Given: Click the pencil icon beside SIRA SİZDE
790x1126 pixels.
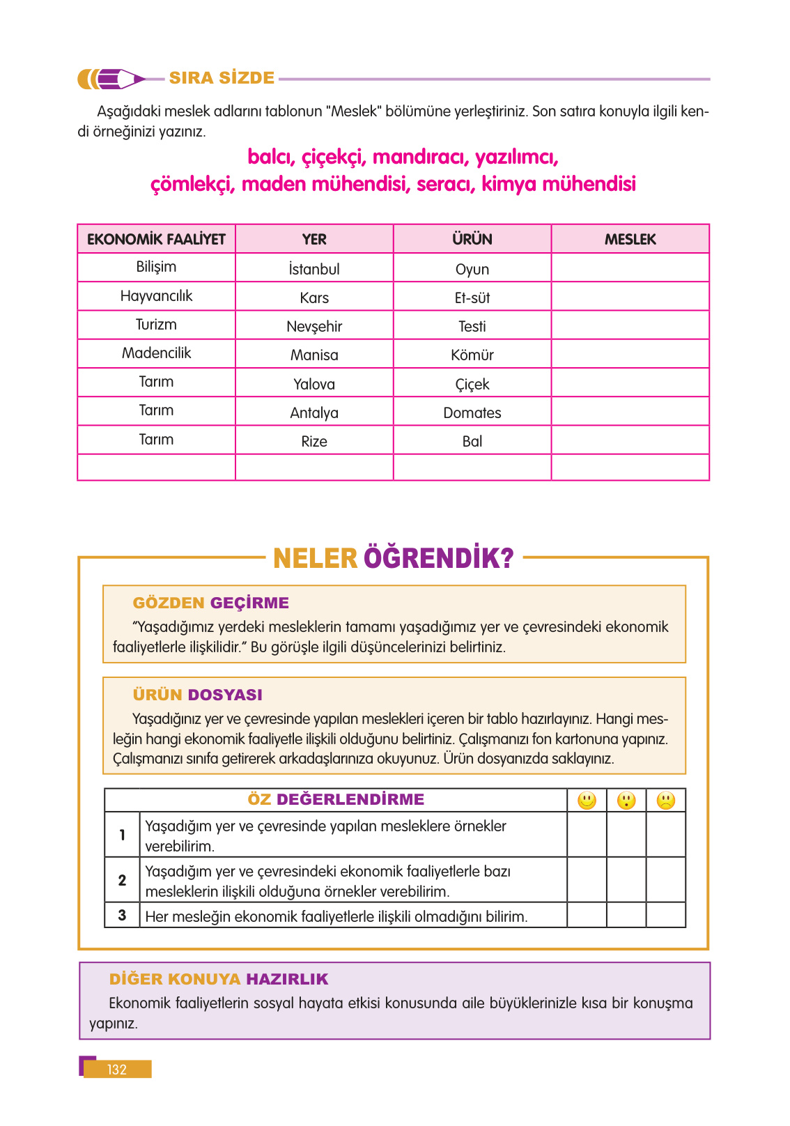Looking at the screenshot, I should [x=111, y=79].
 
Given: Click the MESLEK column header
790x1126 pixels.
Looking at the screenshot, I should [x=630, y=239].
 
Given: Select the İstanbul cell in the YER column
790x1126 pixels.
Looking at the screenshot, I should [x=314, y=269].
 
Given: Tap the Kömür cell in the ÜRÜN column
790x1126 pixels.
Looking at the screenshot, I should [x=472, y=355].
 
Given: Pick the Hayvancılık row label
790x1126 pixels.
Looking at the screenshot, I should [x=156, y=296].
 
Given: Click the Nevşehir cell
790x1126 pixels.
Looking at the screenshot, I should [x=314, y=326].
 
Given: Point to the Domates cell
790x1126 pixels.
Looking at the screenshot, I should [x=472, y=412].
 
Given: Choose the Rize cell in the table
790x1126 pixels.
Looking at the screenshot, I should [x=314, y=441].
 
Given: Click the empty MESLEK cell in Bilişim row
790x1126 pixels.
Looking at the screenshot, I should [x=630, y=268].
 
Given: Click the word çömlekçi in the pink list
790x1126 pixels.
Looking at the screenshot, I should [x=192, y=185].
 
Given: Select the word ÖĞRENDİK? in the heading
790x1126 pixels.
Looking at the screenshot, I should [x=439, y=558].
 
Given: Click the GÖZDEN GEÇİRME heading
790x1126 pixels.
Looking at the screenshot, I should [x=210, y=603].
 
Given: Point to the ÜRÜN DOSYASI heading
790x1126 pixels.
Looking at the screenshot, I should [x=197, y=695].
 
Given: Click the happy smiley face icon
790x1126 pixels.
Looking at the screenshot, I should [x=587, y=801].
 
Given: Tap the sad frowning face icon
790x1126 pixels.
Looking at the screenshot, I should [x=666, y=801].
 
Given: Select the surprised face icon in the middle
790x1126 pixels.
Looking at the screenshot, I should [x=626, y=801].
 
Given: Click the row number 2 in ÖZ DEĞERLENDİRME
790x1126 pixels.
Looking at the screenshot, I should [x=123, y=880].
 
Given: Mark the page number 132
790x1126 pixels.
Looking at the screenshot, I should [x=117, y=1070].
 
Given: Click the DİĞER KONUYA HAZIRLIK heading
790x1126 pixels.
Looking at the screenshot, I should [x=219, y=979].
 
